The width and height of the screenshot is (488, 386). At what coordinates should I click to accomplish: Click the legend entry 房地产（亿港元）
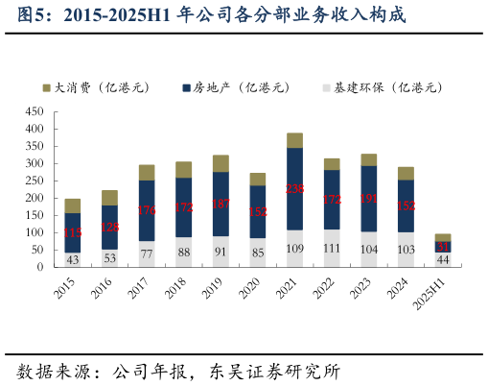tap(235, 87)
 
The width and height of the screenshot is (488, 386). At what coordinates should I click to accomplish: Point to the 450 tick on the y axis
tap(35, 111)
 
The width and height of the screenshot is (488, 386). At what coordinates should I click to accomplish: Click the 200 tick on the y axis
tap(35, 198)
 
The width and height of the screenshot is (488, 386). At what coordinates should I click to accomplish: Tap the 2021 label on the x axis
tap(293, 287)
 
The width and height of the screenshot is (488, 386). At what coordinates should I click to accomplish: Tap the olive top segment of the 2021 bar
tap(294, 140)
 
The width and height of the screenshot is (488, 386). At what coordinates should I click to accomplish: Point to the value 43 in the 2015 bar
tap(73, 259)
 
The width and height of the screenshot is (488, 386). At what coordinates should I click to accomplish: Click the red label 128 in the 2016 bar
tap(109, 228)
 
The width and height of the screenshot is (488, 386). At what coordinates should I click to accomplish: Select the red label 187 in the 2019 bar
tap(221, 204)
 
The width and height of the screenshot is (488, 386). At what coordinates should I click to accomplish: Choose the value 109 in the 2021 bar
tap(294, 249)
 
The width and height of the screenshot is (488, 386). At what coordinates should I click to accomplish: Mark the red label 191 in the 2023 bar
tap(368, 199)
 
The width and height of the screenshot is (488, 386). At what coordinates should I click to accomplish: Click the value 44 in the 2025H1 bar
tap(442, 259)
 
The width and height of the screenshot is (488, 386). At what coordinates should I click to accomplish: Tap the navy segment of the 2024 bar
tap(406, 205)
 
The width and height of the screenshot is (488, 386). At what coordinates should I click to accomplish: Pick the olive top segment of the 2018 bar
tap(183, 170)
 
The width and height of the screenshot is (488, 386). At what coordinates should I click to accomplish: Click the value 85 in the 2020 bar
tap(257, 253)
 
